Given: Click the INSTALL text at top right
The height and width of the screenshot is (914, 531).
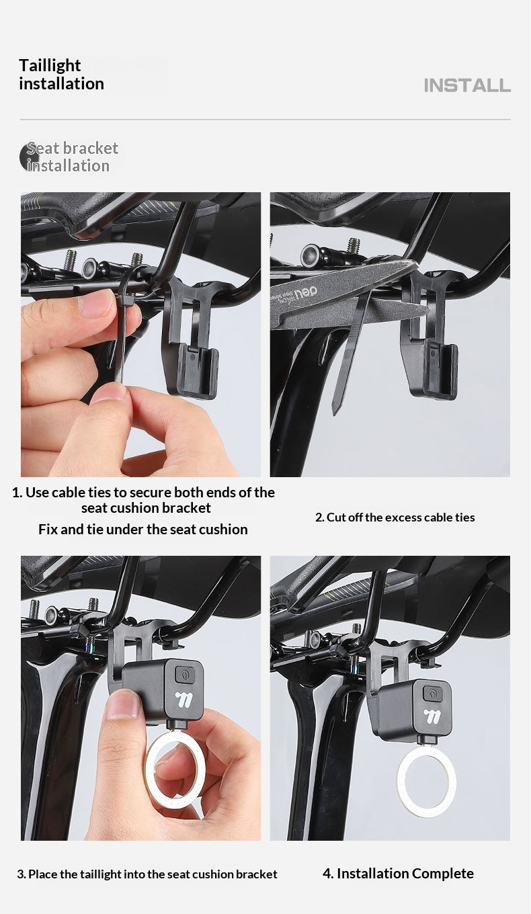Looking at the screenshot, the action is click(467, 85).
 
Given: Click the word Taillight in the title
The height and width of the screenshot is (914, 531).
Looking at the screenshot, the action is click(50, 66).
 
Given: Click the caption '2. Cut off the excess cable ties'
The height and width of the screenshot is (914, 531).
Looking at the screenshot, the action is click(395, 517).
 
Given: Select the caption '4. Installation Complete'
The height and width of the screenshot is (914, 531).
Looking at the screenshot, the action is click(398, 873).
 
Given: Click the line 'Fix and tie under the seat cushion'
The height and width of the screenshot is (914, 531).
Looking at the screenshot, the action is click(143, 529).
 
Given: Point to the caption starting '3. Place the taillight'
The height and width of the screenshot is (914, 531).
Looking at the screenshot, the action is click(147, 874).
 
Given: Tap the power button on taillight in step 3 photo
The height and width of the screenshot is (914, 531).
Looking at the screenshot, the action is click(184, 673).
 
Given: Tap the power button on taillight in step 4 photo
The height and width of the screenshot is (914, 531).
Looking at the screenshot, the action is click(432, 694).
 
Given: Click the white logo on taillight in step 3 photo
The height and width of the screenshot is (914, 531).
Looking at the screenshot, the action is click(186, 700).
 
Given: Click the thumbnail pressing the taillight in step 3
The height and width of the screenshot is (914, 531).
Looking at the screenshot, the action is click(122, 706).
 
